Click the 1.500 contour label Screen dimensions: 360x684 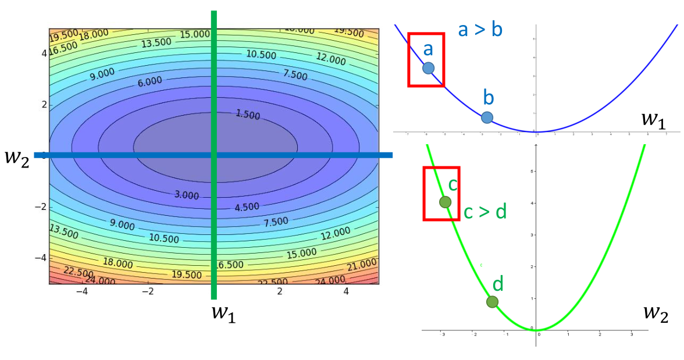tap(248, 114)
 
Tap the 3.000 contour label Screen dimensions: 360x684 tap(186, 195)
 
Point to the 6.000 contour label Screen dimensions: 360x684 tap(150, 82)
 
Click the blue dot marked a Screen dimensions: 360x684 tap(428, 68)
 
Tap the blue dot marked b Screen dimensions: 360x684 tap(487, 117)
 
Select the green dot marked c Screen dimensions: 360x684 tap(445, 202)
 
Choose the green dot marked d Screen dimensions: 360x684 tap(492, 301)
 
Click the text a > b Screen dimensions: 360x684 tap(480, 30)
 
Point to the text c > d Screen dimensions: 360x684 tap(485, 212)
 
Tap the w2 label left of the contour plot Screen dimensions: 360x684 tap(16, 157)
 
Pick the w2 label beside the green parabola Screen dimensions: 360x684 tap(655, 313)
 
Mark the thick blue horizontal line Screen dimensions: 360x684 tap(116, 155)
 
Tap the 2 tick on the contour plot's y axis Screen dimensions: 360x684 tap(43, 105)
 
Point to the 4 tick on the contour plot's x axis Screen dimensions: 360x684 tap(346, 291)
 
